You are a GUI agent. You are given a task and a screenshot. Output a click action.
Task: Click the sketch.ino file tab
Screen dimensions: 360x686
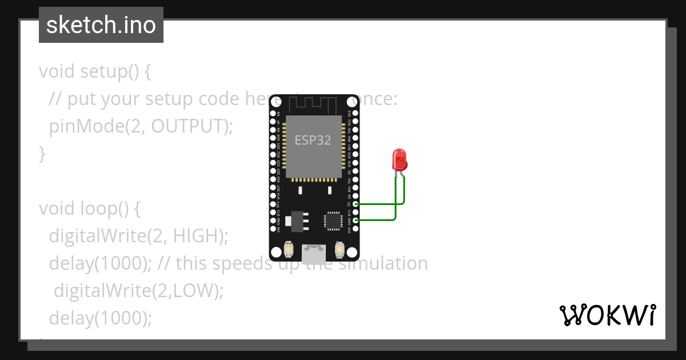pos(101,25)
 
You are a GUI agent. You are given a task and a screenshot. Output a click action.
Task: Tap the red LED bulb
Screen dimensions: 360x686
pos(399,159)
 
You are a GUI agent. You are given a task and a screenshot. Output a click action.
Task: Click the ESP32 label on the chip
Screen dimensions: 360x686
pos(313,140)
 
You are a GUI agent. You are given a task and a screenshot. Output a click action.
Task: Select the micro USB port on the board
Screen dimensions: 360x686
pos(314,251)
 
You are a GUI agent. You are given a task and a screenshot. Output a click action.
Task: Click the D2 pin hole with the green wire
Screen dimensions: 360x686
pos(356,203)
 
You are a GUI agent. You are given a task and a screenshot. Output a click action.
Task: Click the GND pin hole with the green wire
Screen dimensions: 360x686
pos(356,220)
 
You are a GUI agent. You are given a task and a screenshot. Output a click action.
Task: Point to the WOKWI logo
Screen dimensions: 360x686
pos(607,315)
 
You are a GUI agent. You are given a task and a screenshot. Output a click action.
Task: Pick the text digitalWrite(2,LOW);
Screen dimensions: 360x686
pos(138,290)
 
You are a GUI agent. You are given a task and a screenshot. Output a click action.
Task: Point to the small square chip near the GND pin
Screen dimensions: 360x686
pos(332,221)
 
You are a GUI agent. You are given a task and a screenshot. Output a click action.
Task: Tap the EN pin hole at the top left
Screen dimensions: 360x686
pos(273,113)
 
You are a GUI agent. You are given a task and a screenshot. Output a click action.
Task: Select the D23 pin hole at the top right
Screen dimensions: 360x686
pos(356,113)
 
